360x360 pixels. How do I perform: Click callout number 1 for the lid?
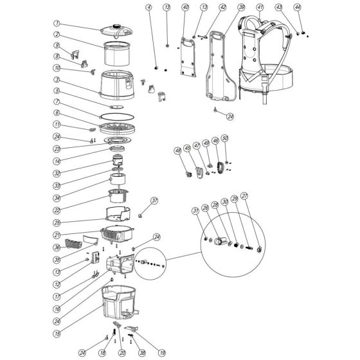coord(57,23)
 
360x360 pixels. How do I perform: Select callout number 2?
coord(57,35)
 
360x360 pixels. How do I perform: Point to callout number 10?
coord(57,67)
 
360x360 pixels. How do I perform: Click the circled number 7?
coord(57,102)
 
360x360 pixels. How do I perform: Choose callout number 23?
coord(57,147)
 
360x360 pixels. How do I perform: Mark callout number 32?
coord(57,174)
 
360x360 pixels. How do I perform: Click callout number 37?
coord(154,201)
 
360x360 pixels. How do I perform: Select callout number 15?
coord(57,316)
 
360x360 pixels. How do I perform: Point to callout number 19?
coord(163,352)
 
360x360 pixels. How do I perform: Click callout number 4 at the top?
coord(148,7)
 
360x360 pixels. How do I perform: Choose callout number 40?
coord(185,7)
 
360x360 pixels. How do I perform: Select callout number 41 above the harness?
coord(260,7)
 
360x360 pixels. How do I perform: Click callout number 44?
coord(297,7)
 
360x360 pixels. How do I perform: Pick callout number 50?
coord(225,138)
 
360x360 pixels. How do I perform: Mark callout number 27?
coord(262,196)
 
